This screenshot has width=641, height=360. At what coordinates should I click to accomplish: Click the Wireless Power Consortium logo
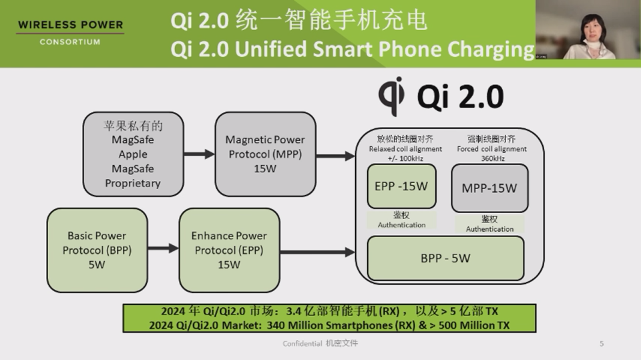(70, 33)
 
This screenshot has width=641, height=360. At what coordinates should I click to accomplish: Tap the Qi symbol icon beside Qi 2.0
(391, 96)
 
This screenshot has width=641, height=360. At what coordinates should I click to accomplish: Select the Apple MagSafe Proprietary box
(133, 154)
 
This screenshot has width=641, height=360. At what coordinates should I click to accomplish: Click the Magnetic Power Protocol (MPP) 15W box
(264, 154)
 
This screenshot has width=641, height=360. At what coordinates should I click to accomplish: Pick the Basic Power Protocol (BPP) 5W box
(97, 250)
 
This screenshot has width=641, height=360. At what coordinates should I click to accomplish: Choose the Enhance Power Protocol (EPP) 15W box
(228, 250)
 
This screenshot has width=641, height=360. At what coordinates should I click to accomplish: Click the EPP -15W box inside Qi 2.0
(401, 186)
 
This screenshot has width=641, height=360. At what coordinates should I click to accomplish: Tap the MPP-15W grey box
(489, 188)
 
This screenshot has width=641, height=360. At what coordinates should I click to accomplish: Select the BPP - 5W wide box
(445, 258)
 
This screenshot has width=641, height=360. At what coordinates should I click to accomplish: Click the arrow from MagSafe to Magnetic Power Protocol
(199, 154)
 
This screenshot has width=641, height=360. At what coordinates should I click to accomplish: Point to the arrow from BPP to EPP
(163, 248)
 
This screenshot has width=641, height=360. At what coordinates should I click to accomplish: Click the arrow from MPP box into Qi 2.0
(335, 156)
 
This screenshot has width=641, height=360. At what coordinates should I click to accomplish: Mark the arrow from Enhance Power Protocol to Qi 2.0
(316, 252)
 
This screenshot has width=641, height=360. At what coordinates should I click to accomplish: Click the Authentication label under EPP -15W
(401, 225)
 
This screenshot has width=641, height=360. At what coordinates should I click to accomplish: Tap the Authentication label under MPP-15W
(489, 229)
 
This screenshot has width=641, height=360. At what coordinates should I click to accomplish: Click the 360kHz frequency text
(491, 158)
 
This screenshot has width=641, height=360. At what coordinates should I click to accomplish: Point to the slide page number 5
(601, 343)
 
